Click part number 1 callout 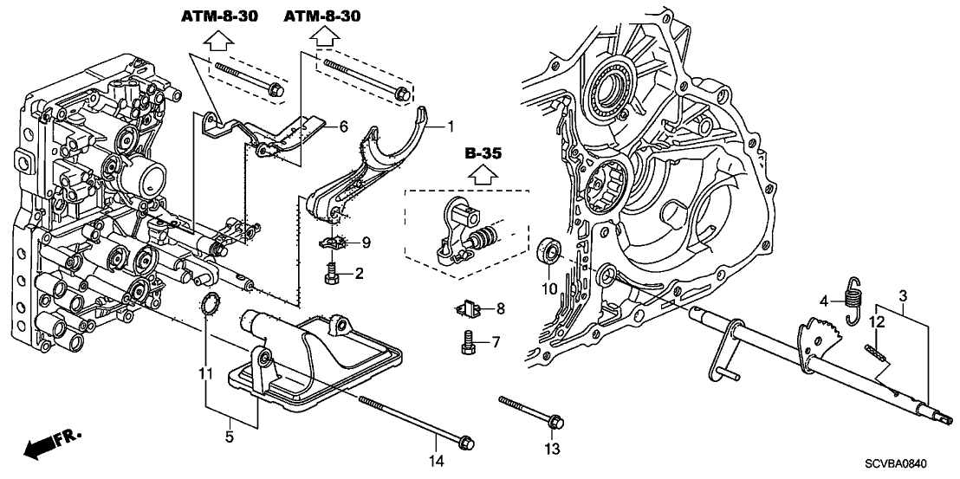pos(450,127)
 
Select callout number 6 pos(344,127)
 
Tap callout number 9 pos(366,243)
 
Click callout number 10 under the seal pos(549,287)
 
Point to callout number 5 pos(230,438)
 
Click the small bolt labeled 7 pos(467,342)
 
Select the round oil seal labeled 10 pos(549,251)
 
